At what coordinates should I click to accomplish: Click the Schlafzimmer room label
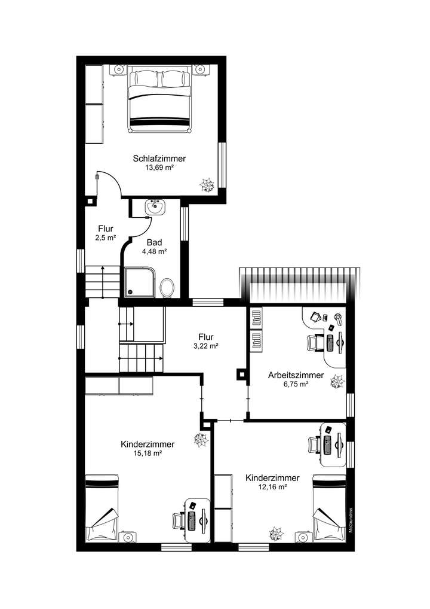pos(159,159)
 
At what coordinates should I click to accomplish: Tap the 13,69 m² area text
pos(159,168)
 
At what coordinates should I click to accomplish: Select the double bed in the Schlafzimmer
pos(160,101)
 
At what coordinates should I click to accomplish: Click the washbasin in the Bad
pos(156,208)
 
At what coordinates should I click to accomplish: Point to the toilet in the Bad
pos(167,287)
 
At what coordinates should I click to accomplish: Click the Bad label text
pos(153,242)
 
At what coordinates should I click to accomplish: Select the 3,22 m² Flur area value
pos(205,346)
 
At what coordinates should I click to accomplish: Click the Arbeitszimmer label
pos(296,376)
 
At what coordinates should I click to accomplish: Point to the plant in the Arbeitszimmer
pos(337,380)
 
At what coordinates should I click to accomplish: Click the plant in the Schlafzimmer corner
pos(207,185)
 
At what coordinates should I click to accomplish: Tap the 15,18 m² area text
pos(148,453)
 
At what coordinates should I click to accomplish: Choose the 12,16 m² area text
pos(272,488)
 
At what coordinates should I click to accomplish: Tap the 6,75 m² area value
pos(296,385)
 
